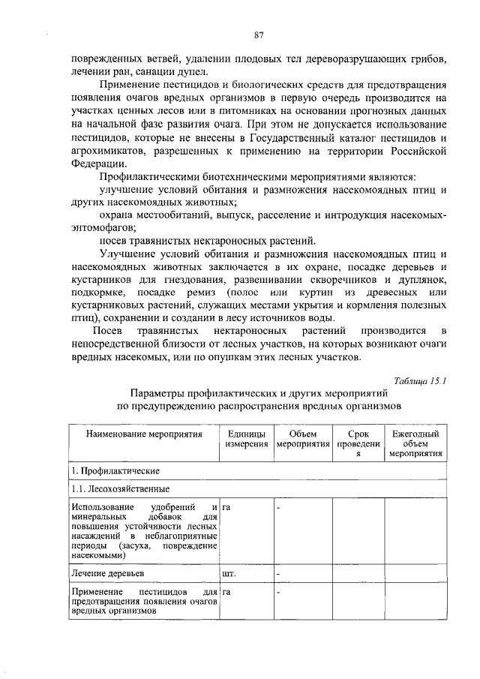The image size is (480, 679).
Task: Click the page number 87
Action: tap(258, 35)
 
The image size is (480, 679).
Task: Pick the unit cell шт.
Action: tap(229, 574)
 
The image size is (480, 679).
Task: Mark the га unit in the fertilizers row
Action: tap(227, 509)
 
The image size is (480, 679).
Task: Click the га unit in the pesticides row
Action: tap(227, 592)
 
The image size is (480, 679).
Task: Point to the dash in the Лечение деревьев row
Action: tap(277, 574)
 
